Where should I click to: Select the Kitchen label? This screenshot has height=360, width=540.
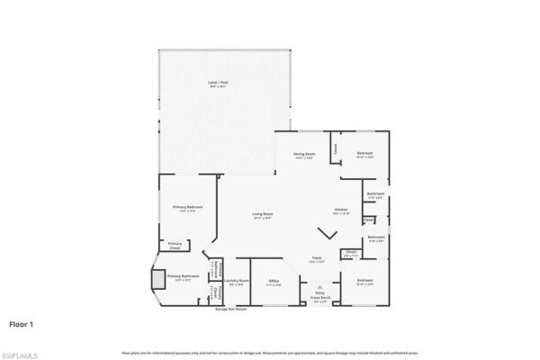(341, 209)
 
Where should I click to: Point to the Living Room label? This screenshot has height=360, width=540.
(263, 215)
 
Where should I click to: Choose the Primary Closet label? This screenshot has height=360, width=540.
(175, 244)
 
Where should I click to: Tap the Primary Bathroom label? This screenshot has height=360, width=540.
(183, 277)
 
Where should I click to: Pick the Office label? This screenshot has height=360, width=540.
(274, 283)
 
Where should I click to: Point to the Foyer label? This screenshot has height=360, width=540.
(317, 259)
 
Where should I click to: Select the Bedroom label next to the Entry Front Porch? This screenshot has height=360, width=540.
(364, 282)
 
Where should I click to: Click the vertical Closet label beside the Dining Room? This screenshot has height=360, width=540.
(334, 149)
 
